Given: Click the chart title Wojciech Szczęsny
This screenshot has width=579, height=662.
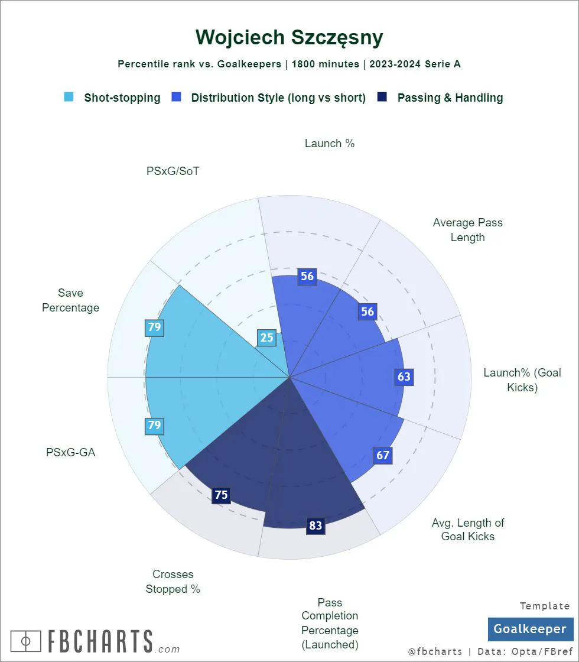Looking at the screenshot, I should pos(289,37).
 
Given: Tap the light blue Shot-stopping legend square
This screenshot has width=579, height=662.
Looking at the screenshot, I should pos(69,98).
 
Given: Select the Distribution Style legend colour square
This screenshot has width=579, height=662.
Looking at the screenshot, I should pos(176,98).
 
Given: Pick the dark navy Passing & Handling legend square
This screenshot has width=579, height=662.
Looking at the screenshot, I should pos(382,98).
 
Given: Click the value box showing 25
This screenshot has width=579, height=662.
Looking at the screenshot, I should pos(267,338).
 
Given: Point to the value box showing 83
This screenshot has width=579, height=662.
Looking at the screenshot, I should pos(316,525).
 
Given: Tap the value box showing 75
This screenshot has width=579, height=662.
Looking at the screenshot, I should pos(222,495).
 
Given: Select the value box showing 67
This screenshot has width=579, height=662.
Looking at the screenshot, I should pos(383,455).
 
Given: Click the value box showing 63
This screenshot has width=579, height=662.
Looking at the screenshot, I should pos(404,377).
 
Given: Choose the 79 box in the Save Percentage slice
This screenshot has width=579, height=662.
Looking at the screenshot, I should pos(155,327).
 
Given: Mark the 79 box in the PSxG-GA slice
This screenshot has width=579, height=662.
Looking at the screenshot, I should pos(155,425).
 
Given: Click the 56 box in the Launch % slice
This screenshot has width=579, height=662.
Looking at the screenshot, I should pos(307,276).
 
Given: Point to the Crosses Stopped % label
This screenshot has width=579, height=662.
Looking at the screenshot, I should pos(173,582).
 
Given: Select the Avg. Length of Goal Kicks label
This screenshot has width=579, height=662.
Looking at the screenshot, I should pos(468,530).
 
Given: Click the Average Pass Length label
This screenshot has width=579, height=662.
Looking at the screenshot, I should pos(467,230).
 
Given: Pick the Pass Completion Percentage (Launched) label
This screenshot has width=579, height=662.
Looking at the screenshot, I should pos(330,624).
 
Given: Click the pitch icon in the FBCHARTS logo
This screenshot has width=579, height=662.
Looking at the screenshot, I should pos(25,641).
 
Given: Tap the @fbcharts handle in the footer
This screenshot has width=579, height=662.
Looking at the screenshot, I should pos(435,651).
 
